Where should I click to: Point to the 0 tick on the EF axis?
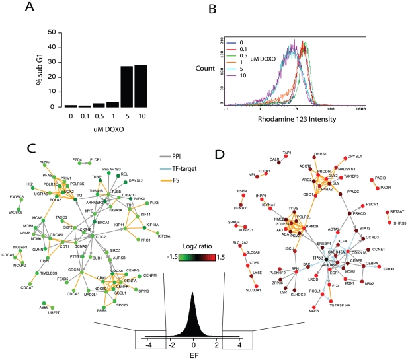[x=194, y=343]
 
